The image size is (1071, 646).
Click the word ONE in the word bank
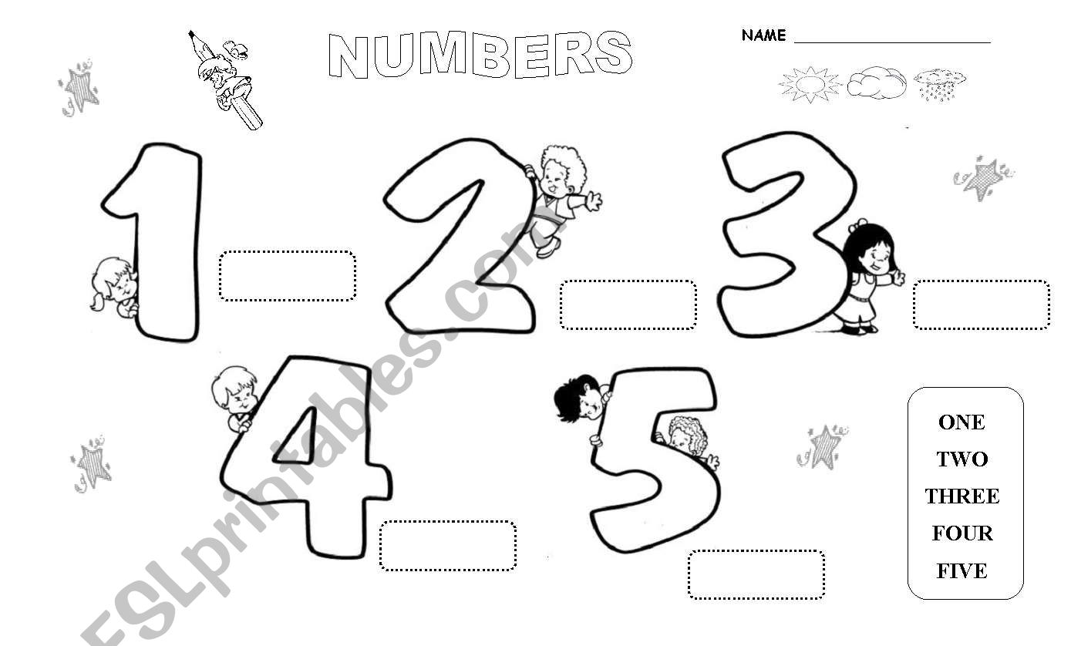[x=962, y=422]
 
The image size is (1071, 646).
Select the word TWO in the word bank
[x=962, y=459]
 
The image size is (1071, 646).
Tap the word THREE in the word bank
[x=962, y=496]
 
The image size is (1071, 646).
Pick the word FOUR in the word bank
[x=962, y=533]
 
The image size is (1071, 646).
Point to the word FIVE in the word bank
[x=962, y=571]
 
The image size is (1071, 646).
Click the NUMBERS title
[x=480, y=55]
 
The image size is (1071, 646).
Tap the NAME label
[x=763, y=35]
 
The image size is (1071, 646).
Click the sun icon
[x=810, y=83]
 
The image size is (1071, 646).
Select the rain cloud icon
[x=939, y=83]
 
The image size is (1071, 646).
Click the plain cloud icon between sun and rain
[x=877, y=83]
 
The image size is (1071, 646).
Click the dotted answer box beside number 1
[x=288, y=275]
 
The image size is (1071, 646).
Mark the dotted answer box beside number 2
[x=628, y=304]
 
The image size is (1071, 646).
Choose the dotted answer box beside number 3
[x=981, y=304]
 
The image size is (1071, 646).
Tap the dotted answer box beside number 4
[x=447, y=546]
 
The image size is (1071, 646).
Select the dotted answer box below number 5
[x=756, y=574]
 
